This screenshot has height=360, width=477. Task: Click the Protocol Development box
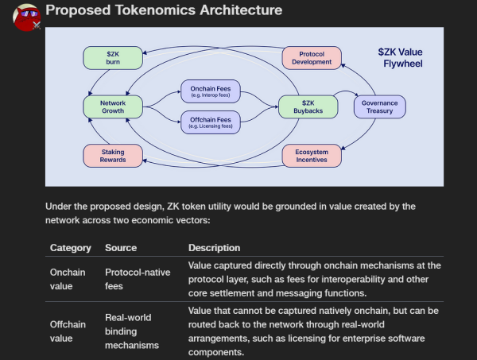312,57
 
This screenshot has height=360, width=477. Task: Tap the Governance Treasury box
379,106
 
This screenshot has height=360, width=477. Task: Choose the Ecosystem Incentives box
312,156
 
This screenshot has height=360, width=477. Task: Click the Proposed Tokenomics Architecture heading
163,11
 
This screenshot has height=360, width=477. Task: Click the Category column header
70,247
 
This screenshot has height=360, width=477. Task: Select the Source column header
121,247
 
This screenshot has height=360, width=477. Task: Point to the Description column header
214,247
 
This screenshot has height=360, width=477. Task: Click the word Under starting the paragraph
59,206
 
